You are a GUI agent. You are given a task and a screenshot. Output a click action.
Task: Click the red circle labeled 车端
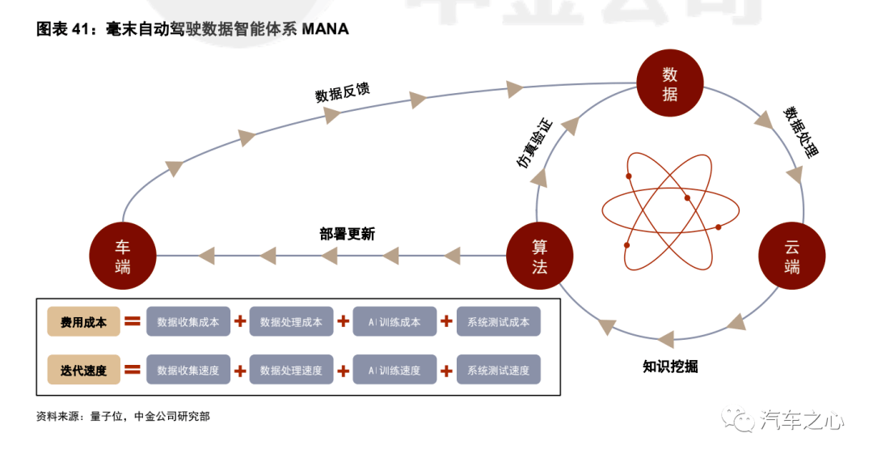coord(123,256)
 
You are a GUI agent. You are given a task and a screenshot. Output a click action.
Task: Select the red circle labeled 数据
coord(670,83)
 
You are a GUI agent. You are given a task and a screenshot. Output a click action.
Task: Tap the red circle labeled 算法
coord(539,256)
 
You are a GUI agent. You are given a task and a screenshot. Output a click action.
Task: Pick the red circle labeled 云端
coord(791,256)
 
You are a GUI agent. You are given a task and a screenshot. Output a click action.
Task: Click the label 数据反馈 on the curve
coord(343,92)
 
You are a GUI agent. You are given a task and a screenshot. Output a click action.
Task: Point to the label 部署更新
coord(348,234)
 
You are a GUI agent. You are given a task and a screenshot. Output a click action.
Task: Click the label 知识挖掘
coord(670,366)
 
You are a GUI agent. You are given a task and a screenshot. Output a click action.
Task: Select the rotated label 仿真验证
coord(534,143)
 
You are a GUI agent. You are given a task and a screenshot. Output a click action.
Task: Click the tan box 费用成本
coord(83,321)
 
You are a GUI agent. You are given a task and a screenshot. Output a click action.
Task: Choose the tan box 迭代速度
coord(83,370)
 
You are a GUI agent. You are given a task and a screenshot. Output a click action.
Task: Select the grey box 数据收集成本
coord(188,321)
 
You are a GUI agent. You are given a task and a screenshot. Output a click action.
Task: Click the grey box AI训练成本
coord(394,321)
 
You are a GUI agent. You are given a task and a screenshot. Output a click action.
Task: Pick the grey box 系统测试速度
coord(498,370)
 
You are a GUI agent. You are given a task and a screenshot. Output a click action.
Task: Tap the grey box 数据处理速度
coord(291,370)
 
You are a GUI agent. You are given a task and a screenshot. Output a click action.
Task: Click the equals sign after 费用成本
coord(133,321)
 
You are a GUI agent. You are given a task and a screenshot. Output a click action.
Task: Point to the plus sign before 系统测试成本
coord(446,321)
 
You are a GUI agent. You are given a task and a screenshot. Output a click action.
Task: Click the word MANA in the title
coord(325,29)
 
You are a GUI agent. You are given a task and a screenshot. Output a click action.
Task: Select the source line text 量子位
coord(107,416)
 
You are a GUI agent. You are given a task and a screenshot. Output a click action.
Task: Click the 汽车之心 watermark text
coord(802,419)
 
